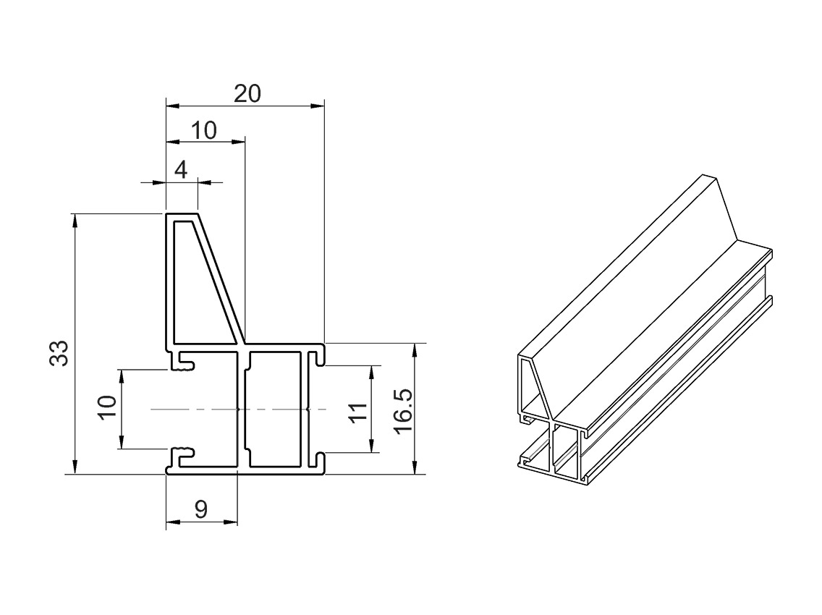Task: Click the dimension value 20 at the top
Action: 247,93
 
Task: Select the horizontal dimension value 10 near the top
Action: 204,130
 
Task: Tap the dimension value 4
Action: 181,170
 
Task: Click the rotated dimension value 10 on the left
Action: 107,407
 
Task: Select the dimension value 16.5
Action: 402,410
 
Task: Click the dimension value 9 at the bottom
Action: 201,509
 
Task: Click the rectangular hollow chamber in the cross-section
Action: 275,409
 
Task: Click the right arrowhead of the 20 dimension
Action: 318,106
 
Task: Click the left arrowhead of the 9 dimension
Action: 172,522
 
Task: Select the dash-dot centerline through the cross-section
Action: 217,410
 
